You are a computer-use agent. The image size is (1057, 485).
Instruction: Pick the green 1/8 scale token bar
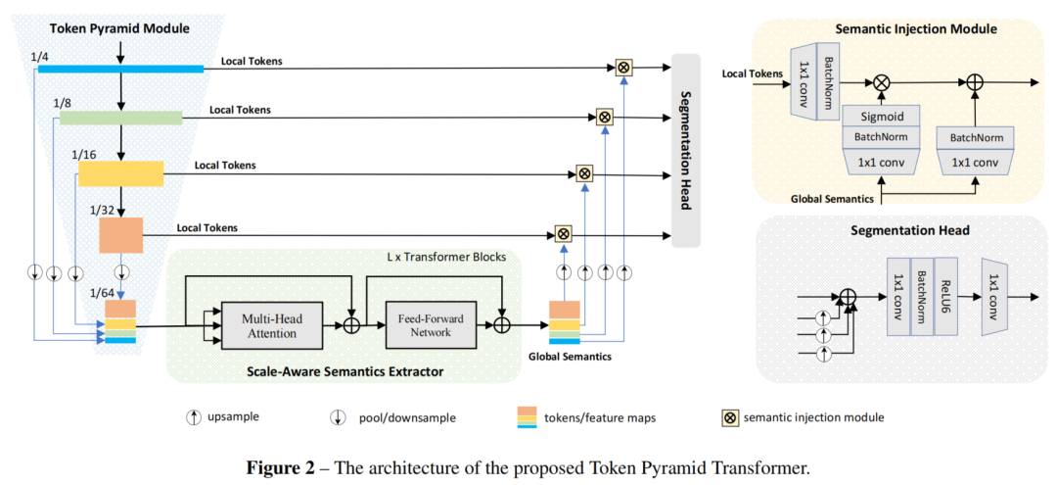[121, 119]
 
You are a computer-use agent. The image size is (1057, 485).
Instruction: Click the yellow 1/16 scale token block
[120, 173]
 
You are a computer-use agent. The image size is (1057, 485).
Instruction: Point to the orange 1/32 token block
[121, 236]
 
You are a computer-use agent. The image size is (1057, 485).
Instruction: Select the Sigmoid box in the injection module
[881, 116]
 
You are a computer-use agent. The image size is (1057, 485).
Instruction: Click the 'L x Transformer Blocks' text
[445, 258]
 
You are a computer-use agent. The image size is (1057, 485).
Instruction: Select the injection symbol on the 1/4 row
[623, 67]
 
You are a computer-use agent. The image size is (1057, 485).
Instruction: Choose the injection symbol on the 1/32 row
[563, 234]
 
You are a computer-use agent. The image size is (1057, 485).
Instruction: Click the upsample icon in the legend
[194, 417]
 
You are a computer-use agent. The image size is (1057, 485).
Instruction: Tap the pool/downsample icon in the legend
[339, 417]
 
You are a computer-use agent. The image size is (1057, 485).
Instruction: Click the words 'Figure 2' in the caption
[279, 467]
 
